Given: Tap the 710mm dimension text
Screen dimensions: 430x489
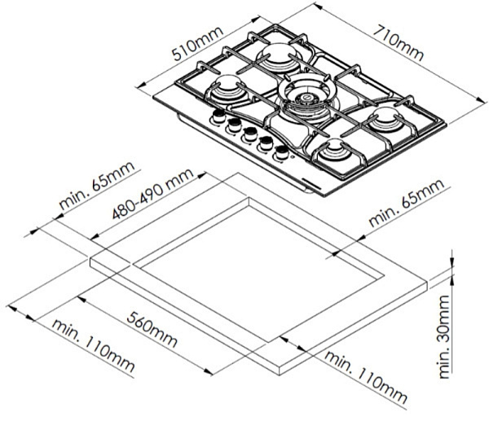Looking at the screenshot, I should click(x=398, y=43).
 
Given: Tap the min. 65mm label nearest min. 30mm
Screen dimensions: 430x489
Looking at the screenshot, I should click(x=407, y=206).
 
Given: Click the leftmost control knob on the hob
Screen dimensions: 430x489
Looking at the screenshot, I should click(x=218, y=119).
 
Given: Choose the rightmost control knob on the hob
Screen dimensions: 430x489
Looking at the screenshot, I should click(x=282, y=151).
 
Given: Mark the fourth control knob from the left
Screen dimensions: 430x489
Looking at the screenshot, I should click(x=266, y=143).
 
